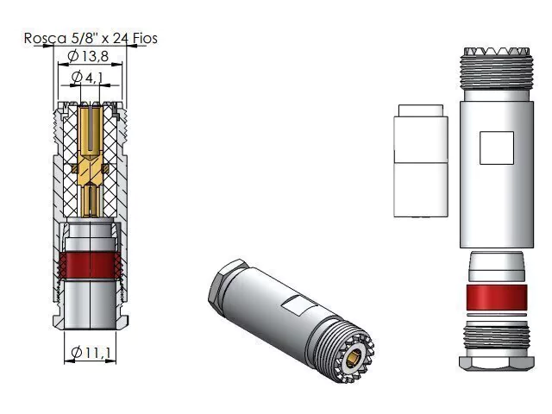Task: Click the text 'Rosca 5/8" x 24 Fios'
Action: (x=91, y=38)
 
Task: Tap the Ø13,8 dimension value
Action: (x=88, y=56)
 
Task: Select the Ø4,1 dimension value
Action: (x=87, y=77)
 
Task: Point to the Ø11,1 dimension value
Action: (x=91, y=353)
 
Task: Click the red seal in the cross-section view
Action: (x=90, y=265)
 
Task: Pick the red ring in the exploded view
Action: (x=497, y=298)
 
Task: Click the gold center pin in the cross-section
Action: (x=91, y=161)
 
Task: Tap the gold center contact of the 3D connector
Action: (x=352, y=359)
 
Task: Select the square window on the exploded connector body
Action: (x=497, y=147)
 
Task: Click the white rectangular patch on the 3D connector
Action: (x=298, y=304)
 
